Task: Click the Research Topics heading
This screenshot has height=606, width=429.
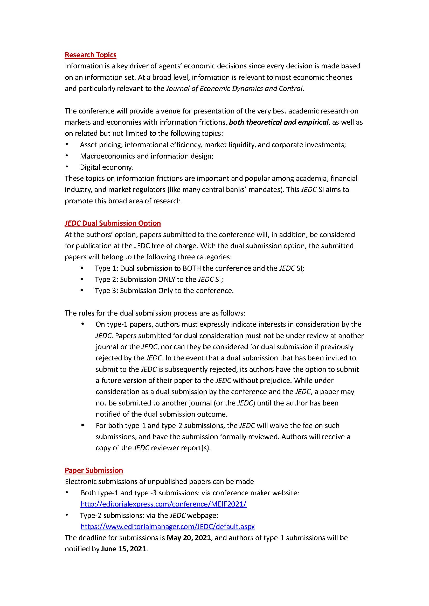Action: coord(90,55)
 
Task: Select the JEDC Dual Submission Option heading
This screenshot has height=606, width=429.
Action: coord(113,223)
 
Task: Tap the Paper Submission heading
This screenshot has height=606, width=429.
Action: coord(94,470)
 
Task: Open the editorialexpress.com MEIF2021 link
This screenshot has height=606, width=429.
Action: coord(163,504)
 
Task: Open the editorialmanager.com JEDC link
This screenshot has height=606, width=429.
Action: coord(168,526)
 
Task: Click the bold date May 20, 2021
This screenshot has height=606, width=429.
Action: coord(189,538)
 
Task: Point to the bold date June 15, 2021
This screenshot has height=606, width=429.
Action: coord(124,549)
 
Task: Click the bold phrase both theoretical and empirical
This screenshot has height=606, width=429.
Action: coord(279,122)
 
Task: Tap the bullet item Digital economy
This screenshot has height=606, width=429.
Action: coord(106,167)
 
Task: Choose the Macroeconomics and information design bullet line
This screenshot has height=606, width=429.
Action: coord(147,156)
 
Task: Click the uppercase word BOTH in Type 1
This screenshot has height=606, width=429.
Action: coord(191,268)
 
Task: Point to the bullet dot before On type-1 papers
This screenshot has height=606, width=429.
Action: coord(83,324)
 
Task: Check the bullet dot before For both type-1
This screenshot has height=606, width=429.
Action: coord(83,425)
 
